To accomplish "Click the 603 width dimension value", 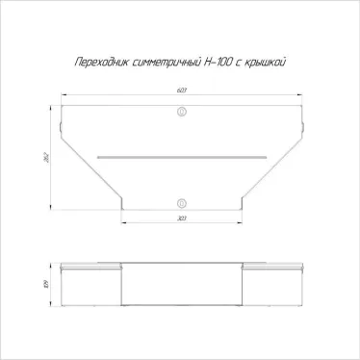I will click(181, 91).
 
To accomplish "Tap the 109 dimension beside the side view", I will click(46, 283).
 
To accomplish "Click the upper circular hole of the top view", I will click(181, 113).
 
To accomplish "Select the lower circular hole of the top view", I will click(181, 202).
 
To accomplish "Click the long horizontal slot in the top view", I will click(181, 153).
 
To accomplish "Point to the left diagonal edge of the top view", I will click(91, 173).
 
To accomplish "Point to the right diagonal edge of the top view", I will click(270, 173).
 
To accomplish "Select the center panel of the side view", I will click(181, 285).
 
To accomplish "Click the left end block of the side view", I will click(90, 285).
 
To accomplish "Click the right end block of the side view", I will click(271, 285).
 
